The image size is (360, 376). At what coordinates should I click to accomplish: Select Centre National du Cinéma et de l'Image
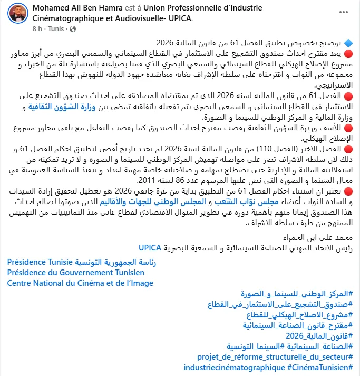point(80,283)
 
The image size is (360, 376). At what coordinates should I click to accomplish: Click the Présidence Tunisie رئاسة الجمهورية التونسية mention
point(82,262)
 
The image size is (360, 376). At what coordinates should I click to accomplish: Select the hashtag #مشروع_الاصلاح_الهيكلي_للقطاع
point(300,314)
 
